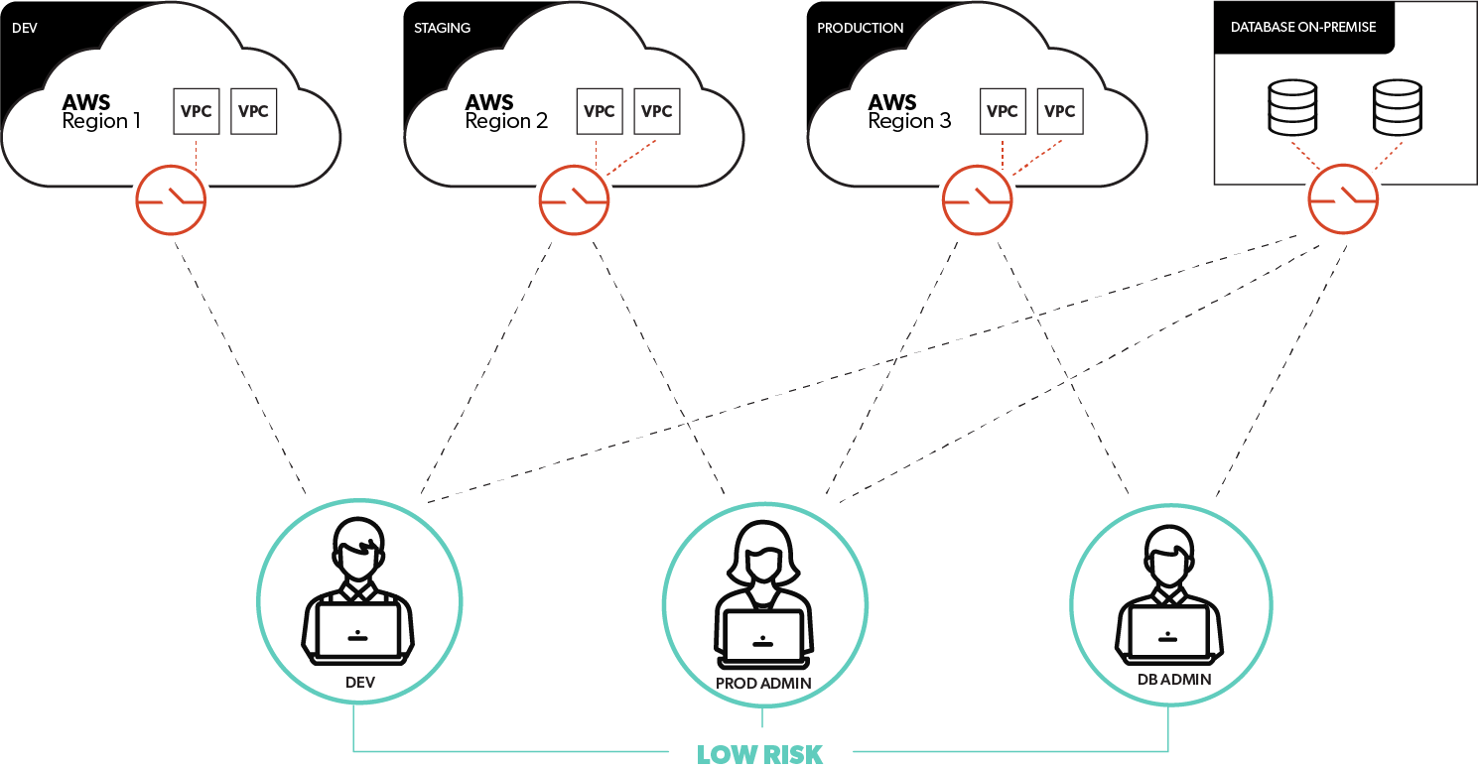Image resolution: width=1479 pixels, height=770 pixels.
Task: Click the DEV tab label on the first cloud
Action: pyautogui.click(x=25, y=28)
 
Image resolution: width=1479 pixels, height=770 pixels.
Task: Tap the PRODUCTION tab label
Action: pyautogui.click(x=860, y=28)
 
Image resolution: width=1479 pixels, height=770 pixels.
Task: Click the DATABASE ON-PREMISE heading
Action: pyautogui.click(x=1303, y=27)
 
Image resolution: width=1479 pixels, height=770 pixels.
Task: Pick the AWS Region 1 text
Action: pyautogui.click(x=101, y=111)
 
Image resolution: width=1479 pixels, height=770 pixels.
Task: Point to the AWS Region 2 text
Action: pyautogui.click(x=505, y=111)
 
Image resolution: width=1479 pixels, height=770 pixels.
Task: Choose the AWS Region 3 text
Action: pyautogui.click(x=908, y=111)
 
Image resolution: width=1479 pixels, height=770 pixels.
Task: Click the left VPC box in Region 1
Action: pyautogui.click(x=197, y=111)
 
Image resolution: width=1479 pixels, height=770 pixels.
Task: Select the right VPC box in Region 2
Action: pyautogui.click(x=657, y=111)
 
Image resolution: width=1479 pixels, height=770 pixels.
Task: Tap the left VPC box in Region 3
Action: pyautogui.click(x=1003, y=111)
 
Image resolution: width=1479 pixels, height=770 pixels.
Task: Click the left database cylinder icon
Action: pyautogui.click(x=1292, y=107)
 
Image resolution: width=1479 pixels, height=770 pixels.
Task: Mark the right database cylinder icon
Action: pyautogui.click(x=1397, y=107)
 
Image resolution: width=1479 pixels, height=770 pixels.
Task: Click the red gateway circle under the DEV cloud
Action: pyautogui.click(x=171, y=200)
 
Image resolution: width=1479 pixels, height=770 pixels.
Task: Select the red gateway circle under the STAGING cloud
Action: pyautogui.click(x=574, y=200)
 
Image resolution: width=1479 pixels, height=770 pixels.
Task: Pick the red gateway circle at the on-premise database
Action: pyautogui.click(x=1343, y=200)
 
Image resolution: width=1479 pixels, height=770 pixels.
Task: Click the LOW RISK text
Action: pyautogui.click(x=760, y=754)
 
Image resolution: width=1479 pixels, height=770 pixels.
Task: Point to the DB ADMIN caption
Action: pyautogui.click(x=1174, y=681)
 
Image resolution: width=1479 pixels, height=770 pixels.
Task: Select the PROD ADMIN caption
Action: pyautogui.click(x=763, y=683)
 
